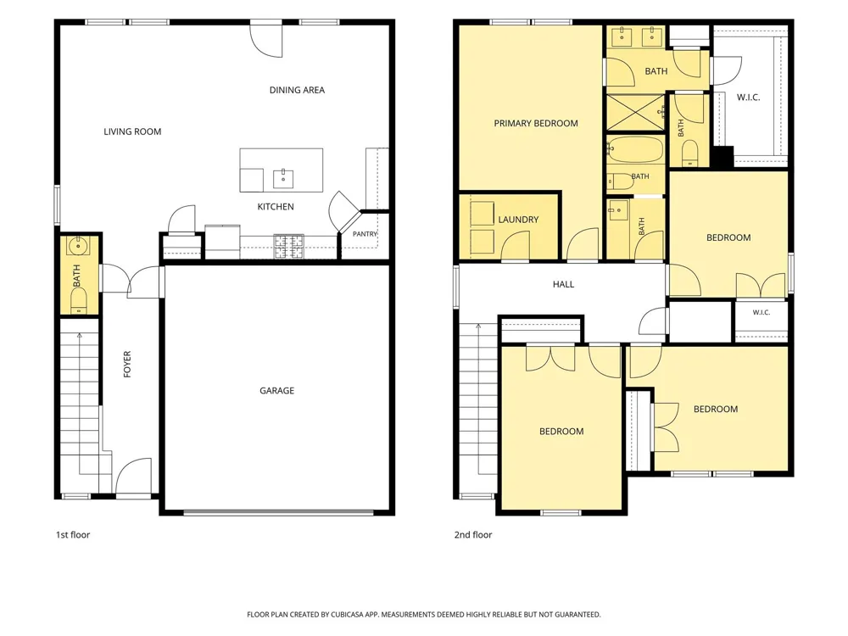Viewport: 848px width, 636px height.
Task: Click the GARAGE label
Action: point(277,390)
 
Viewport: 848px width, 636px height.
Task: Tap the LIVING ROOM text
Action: point(132,131)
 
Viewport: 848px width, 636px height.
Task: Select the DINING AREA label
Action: point(297,90)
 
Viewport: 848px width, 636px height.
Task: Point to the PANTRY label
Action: point(365,234)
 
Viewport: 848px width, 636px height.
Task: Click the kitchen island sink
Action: point(283,178)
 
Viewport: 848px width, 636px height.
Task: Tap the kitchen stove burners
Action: point(289,246)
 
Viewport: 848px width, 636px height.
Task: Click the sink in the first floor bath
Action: point(78,246)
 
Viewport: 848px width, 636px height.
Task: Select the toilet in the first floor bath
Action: point(79,300)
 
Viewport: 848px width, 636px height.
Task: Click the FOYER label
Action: point(127,364)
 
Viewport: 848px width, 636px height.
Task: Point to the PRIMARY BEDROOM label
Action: point(536,123)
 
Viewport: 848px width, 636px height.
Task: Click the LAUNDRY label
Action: point(518,220)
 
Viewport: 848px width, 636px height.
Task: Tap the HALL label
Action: point(564,284)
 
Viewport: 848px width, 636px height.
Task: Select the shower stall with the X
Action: point(635,112)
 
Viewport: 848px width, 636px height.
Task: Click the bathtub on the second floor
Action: point(635,149)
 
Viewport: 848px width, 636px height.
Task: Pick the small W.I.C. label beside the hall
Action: point(761,313)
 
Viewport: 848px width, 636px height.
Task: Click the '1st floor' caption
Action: point(73,535)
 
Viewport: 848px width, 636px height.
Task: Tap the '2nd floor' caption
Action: point(473,535)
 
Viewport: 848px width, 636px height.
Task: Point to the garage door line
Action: point(278,511)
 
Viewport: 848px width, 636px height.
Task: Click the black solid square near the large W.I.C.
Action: point(722,157)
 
